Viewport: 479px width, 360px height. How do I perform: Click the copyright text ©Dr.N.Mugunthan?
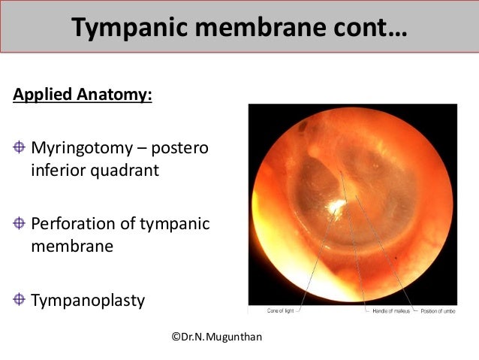(x=216, y=337)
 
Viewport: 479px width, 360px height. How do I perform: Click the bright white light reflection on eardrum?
(x=333, y=205)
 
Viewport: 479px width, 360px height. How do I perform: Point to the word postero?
(x=178, y=146)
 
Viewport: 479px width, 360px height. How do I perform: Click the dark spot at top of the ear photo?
(x=301, y=128)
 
